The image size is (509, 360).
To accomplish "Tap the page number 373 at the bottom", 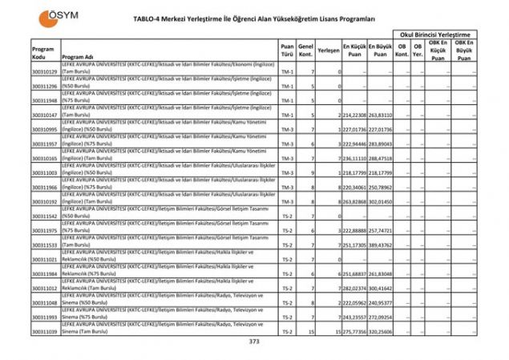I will point(254,342).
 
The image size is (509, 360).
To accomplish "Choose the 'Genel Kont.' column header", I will point(305,51).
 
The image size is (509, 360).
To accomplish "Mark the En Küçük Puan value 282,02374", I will point(354,289).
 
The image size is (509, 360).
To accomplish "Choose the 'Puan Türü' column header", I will point(287,51).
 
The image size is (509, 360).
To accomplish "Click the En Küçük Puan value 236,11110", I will point(354,159).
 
